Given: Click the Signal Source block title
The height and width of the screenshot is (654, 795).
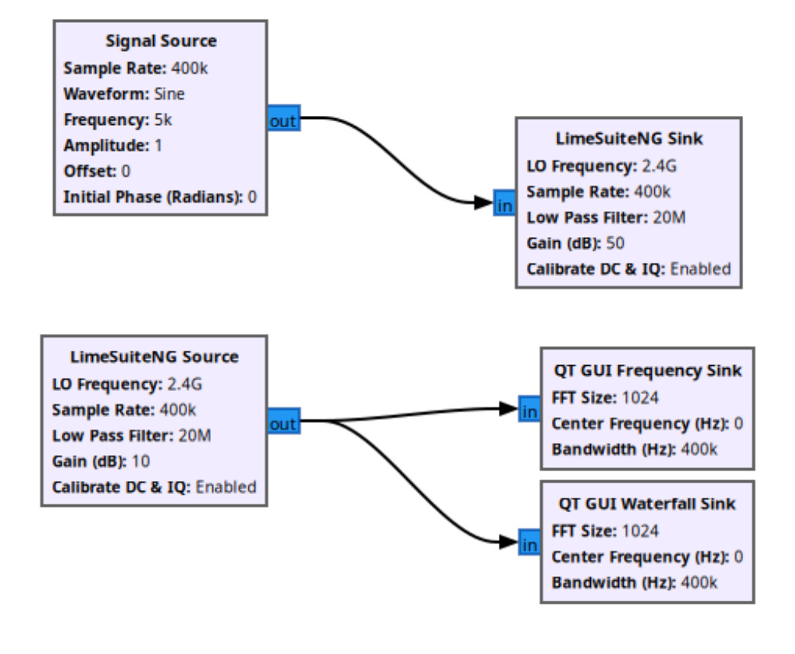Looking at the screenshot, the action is [161, 41].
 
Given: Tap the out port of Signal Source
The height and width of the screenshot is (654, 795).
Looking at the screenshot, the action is [284, 118].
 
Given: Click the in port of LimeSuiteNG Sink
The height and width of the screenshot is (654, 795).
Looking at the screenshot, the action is [504, 203].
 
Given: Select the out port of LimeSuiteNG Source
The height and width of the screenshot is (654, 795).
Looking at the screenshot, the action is [284, 421].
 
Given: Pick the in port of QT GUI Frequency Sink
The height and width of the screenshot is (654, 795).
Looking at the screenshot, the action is [529, 409].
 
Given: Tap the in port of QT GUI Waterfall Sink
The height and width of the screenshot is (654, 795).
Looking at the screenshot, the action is [529, 543].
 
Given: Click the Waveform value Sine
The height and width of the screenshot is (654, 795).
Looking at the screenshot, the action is [169, 94].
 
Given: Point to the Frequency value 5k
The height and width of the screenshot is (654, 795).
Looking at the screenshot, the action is [163, 120].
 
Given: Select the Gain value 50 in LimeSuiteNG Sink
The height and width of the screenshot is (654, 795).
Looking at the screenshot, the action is [615, 243].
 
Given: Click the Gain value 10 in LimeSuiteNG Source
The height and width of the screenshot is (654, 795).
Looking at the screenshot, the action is [140, 461].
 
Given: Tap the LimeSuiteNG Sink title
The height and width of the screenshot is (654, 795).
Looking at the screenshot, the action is [629, 139].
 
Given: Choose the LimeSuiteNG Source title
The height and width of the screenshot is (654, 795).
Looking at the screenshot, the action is [154, 357].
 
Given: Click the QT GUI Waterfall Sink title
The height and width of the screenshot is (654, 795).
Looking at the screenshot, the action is [647, 504].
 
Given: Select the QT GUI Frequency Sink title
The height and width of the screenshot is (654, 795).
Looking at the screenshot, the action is [647, 370].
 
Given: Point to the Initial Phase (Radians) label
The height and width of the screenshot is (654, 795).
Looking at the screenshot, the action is [153, 197].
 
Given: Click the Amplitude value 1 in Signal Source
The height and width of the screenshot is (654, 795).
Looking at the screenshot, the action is [158, 146].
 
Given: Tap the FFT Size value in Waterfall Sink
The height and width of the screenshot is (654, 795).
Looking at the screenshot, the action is [640, 531].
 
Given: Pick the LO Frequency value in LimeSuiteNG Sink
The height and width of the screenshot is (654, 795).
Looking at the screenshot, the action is [659, 166].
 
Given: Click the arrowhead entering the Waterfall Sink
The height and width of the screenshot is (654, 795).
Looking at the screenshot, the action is [509, 542].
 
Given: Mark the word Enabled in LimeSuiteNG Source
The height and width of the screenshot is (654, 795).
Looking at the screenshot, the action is [225, 487].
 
